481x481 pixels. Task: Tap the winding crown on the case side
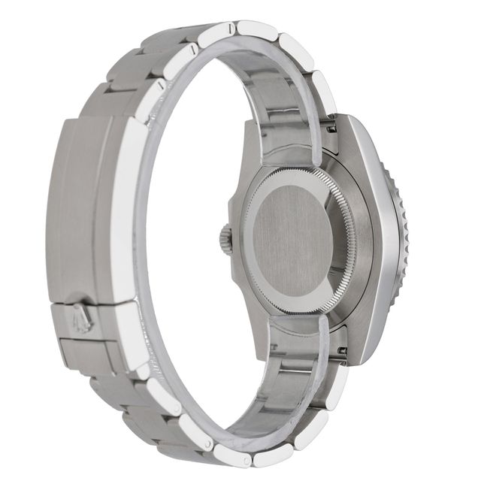[225, 240]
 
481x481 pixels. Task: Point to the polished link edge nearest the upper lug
[324, 90]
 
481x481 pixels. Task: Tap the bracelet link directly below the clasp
[113, 395]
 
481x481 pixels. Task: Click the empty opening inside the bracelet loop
[188, 248]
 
